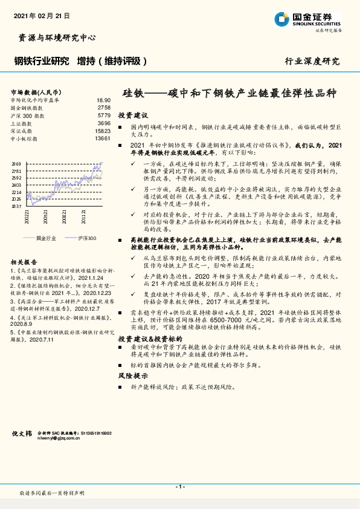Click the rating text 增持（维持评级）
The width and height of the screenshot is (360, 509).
pos(112,61)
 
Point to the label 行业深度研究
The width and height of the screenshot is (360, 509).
pos(312,61)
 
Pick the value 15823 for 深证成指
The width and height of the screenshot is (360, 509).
pos(103,131)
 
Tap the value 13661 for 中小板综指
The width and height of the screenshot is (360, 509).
pos(103,138)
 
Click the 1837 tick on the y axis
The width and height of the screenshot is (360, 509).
pos(16,206)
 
